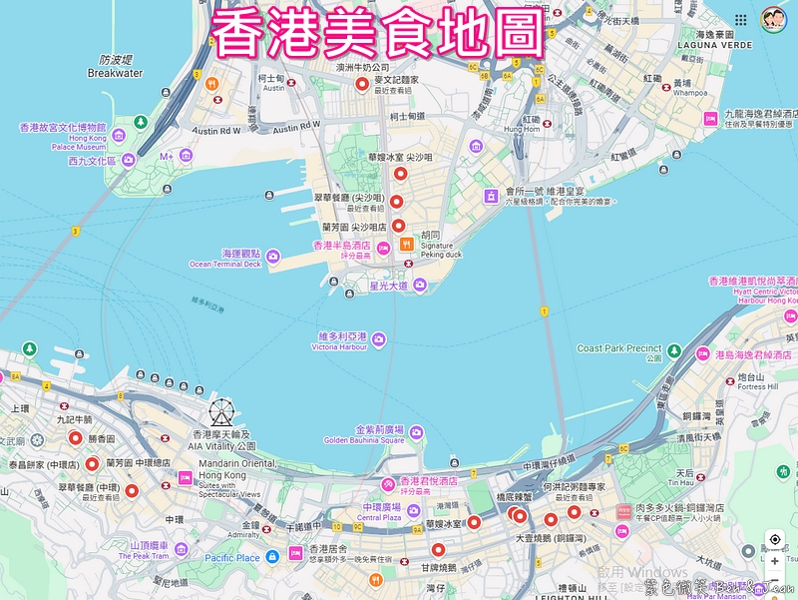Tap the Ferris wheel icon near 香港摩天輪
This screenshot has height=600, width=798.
pos(221,412)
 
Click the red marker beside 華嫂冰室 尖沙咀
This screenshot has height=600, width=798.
pos(399,174)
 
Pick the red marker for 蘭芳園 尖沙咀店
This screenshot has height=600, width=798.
pos(398,226)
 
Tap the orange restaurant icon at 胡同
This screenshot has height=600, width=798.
pos(406,244)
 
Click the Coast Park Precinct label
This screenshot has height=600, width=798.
pos(619,348)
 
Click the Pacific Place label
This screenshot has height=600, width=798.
pos(231,558)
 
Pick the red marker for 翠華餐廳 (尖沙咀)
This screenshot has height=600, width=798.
pos(396,202)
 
